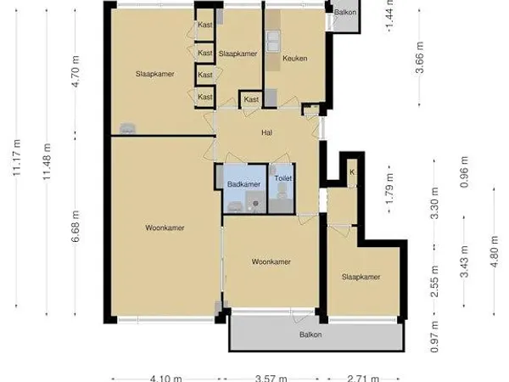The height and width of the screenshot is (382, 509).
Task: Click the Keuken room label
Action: (x=294, y=59)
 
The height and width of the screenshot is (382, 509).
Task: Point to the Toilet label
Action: (x=282, y=180)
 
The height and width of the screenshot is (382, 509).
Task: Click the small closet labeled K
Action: (x=351, y=172)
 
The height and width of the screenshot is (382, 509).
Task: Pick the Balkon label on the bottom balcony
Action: (x=310, y=334)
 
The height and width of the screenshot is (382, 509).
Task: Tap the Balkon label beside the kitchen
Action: (x=344, y=13)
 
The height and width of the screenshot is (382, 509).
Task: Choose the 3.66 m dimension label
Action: (x=419, y=59)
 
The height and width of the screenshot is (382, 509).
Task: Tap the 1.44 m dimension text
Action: (x=389, y=14)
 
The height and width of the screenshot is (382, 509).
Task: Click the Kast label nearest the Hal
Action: (x=251, y=100)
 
